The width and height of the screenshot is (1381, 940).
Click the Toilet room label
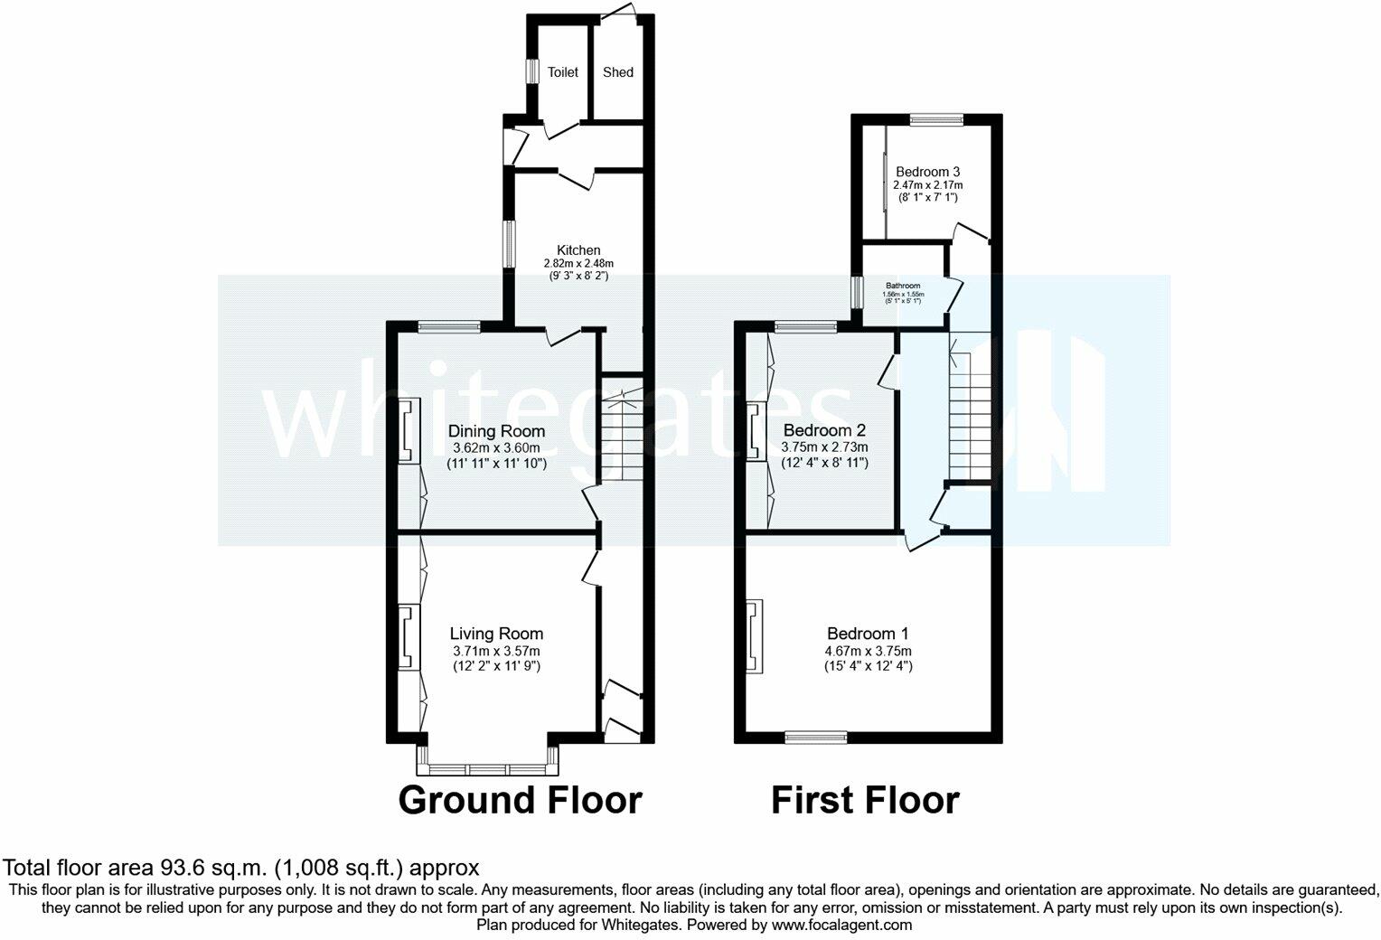click(563, 72)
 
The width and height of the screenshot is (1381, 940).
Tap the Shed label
click(618, 72)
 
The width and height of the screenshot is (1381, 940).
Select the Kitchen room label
click(578, 250)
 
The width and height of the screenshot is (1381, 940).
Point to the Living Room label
click(497, 634)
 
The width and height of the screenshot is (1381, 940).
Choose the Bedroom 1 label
click(868, 634)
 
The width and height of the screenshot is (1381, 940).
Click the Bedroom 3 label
click(927, 171)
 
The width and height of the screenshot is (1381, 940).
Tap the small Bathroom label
click(903, 286)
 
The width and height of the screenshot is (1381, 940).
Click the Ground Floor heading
click(520, 800)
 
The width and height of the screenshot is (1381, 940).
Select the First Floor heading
click(865, 800)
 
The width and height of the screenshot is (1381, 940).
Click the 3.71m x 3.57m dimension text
click(497, 651)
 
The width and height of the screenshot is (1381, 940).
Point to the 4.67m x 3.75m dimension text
click(868, 651)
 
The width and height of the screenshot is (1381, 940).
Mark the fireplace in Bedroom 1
click(753, 636)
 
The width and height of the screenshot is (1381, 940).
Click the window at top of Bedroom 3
click(936, 118)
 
